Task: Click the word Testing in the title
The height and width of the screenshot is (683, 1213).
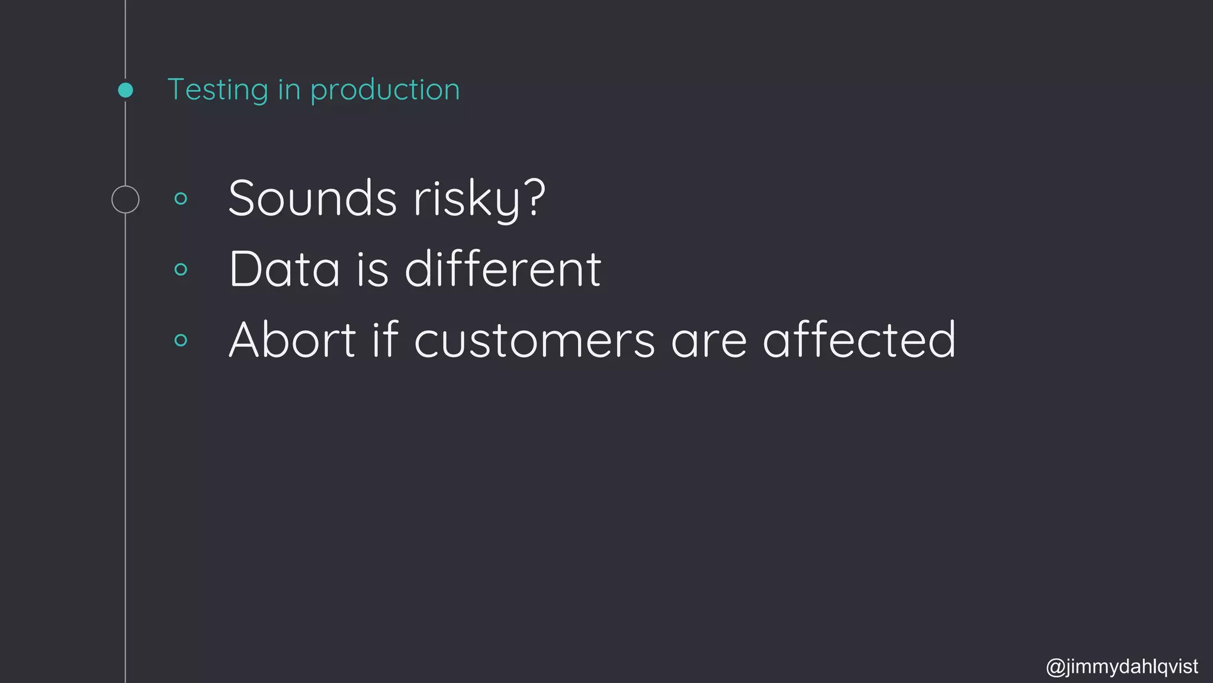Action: (x=218, y=90)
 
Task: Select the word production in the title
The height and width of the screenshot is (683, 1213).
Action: (x=385, y=90)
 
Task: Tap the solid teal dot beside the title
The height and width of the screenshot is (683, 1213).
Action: (x=126, y=90)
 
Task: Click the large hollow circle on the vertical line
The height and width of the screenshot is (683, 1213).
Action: (x=126, y=199)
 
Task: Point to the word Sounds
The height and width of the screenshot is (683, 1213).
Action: (x=312, y=198)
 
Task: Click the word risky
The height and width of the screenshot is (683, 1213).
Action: (x=467, y=199)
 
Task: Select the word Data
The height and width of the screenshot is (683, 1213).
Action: (x=284, y=269)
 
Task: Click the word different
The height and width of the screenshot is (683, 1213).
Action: (x=503, y=269)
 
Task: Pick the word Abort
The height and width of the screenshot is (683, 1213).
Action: (x=293, y=340)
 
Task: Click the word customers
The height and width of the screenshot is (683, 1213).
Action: (x=534, y=341)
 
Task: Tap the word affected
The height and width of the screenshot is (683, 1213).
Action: (x=859, y=340)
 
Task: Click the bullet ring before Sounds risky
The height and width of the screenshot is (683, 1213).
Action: (x=181, y=199)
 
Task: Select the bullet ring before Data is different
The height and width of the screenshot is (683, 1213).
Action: (x=181, y=270)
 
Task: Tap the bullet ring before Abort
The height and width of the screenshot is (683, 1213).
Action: (x=181, y=340)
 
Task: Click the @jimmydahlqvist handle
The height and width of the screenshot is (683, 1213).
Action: (x=1122, y=667)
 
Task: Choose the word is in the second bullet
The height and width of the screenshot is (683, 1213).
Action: (x=373, y=269)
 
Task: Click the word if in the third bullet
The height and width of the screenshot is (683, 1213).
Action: (x=384, y=340)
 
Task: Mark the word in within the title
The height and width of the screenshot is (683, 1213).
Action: (x=289, y=90)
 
